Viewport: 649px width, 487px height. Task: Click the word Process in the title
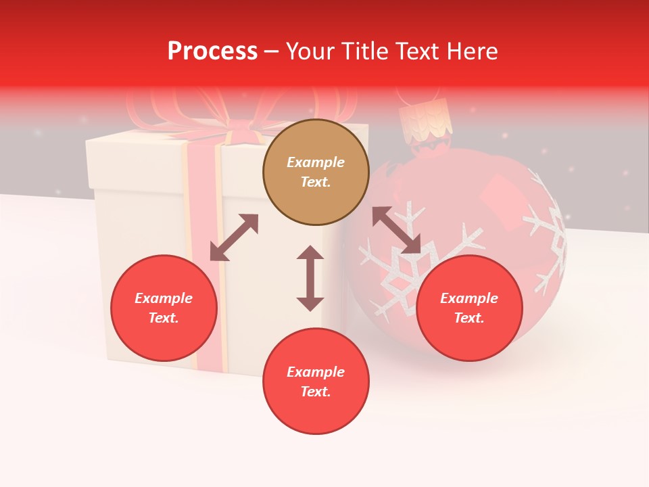[x=212, y=51]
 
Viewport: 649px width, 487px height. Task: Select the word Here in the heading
[x=473, y=51]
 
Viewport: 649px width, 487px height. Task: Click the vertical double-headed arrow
[x=310, y=278]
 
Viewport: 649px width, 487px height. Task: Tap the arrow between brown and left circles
[x=234, y=237]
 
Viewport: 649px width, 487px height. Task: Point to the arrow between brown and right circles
[x=396, y=230]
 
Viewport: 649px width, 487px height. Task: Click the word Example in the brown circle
[x=316, y=162]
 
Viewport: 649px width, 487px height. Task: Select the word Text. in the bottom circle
[x=316, y=392]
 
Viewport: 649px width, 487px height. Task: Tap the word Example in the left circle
[x=164, y=298]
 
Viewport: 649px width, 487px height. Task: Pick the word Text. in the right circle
[x=469, y=318]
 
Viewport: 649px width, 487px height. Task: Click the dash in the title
[x=271, y=51]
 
